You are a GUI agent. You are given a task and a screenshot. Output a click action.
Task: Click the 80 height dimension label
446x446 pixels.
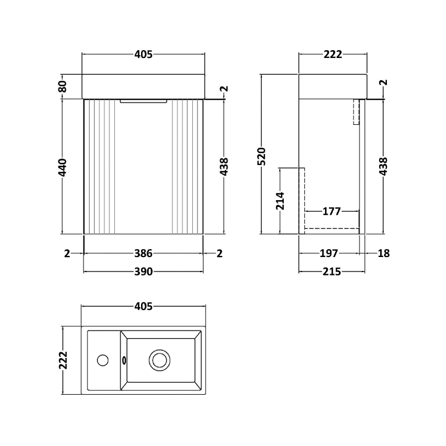62,86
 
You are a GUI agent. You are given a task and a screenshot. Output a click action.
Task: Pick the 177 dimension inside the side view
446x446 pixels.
331,211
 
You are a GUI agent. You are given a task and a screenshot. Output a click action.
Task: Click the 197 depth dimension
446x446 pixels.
329,254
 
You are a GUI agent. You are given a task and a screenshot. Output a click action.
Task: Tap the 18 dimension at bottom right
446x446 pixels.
384,254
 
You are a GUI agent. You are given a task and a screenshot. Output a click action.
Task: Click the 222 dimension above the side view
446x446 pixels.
333,54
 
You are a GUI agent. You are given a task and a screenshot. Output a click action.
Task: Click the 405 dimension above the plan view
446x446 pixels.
143,306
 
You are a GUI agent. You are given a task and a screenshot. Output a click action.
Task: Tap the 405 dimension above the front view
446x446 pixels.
143,54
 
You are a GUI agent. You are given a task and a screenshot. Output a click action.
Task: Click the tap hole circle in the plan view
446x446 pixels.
103,360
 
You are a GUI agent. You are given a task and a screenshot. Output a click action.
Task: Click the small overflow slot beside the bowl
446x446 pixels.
124,360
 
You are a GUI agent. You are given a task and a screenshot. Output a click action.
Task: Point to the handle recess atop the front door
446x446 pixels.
143,101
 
